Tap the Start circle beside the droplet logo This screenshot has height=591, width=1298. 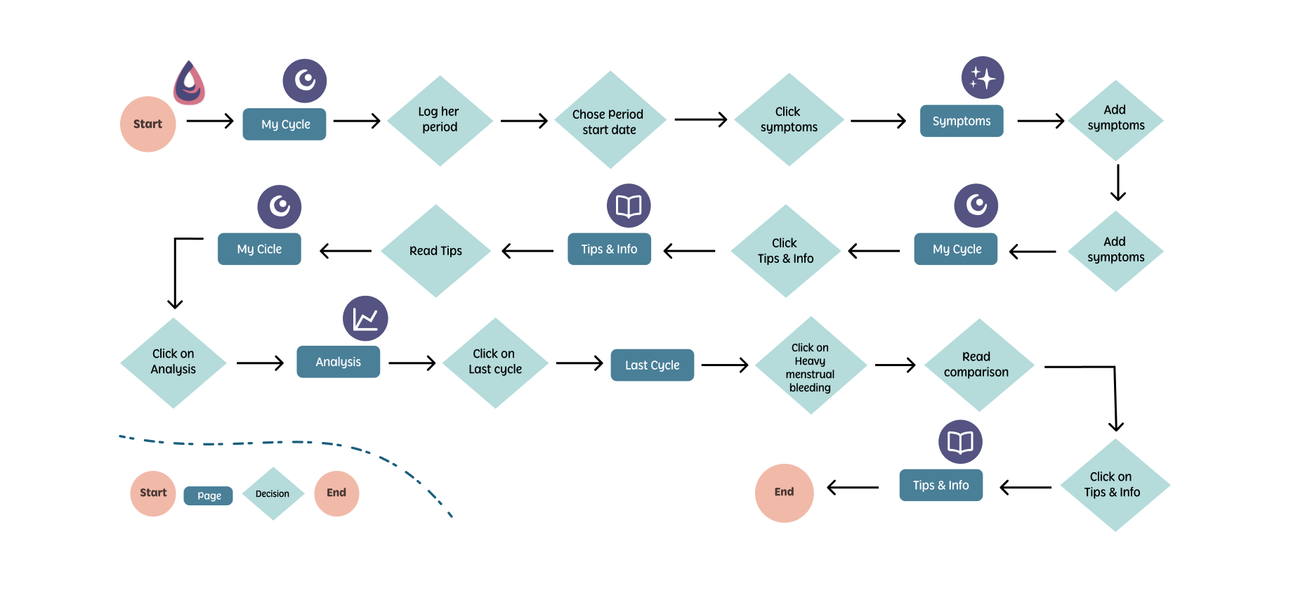click(x=147, y=124)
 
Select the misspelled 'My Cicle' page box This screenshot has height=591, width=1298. click(x=259, y=249)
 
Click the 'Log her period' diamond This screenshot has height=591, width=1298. click(x=440, y=120)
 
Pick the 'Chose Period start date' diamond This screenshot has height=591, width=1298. click(x=610, y=120)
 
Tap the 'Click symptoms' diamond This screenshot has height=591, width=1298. click(x=789, y=120)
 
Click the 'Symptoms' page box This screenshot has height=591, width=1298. click(x=962, y=121)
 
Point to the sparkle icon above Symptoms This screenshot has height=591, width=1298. click(x=983, y=77)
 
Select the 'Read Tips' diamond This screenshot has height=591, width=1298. click(x=435, y=251)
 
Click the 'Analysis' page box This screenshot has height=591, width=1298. click(x=338, y=362)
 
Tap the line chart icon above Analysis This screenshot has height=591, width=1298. click(x=365, y=318)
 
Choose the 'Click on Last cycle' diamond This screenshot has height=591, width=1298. click(x=495, y=363)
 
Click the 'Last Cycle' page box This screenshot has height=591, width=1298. click(x=653, y=365)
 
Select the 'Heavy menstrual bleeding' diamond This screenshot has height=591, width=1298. click(x=811, y=365)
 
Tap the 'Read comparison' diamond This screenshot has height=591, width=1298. click(x=979, y=365)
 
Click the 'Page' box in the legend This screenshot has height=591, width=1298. click(x=209, y=495)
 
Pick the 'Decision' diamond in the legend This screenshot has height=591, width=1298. click(x=273, y=493)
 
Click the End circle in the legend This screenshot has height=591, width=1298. click(x=336, y=493)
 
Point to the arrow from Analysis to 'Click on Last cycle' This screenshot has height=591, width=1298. click(x=412, y=363)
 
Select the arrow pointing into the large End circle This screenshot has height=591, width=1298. click(x=853, y=488)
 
